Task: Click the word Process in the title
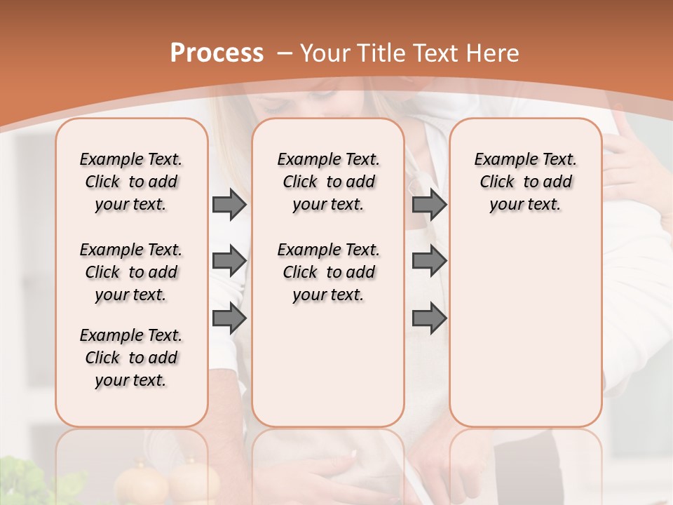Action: (x=217, y=53)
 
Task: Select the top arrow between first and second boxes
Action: (x=229, y=204)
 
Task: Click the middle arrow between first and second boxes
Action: (x=229, y=261)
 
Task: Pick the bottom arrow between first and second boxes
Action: (x=229, y=318)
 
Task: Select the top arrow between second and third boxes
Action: (x=429, y=204)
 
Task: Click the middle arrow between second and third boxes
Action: (x=429, y=261)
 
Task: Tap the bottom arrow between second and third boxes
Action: (x=429, y=318)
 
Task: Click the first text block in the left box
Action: (x=131, y=182)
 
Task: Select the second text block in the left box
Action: (x=131, y=272)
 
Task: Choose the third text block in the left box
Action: (x=131, y=358)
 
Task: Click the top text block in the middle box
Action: (x=328, y=182)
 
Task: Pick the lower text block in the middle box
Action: (x=328, y=272)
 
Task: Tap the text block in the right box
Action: (x=525, y=182)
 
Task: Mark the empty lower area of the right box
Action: (x=525, y=337)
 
